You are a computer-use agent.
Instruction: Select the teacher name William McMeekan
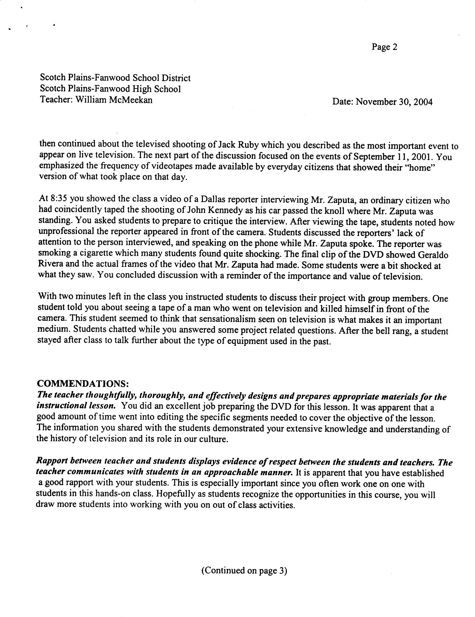tap(114, 100)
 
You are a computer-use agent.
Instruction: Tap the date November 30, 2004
tap(394, 102)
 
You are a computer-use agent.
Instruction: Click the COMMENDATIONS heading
tap(83, 383)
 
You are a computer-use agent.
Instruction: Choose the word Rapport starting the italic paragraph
tap(51, 461)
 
